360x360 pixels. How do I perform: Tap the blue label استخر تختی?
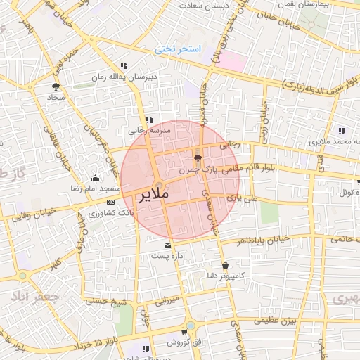coord(178,49)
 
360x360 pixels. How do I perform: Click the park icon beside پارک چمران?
coord(197,159)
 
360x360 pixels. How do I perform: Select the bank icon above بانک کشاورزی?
coord(110,202)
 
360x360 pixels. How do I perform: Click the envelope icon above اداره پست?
coord(167,245)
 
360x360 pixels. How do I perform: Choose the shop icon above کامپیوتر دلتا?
coord(224,265)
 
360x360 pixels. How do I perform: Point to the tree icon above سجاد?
coord(55,86)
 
